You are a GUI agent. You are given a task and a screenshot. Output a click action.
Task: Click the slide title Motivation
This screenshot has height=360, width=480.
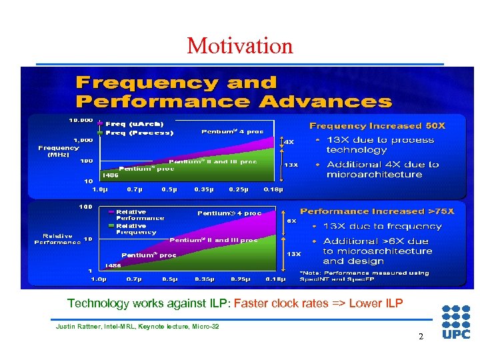[x=240, y=46]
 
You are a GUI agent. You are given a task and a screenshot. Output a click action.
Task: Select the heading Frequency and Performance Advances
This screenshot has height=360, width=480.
[x=233, y=92]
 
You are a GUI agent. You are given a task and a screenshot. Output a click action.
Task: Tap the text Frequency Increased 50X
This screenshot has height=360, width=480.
[x=377, y=125]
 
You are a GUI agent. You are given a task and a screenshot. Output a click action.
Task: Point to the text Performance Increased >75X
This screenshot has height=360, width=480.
[x=377, y=211]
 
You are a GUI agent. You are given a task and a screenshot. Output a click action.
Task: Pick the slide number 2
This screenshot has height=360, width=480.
[x=421, y=337]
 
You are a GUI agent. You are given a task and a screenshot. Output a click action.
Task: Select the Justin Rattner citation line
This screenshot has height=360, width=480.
[x=137, y=326]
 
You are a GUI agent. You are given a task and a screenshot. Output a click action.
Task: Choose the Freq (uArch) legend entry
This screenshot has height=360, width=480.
[x=133, y=123]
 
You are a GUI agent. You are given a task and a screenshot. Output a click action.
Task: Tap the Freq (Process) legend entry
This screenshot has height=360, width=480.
[x=137, y=132]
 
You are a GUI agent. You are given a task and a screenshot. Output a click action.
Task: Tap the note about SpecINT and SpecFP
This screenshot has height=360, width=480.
[x=373, y=275]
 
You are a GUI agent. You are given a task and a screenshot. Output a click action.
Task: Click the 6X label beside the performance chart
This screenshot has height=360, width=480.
[x=291, y=221]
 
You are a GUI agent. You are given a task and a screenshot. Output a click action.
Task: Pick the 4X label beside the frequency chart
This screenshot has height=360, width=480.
[x=289, y=141]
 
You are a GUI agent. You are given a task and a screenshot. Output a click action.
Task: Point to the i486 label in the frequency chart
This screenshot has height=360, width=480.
[x=109, y=175]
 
